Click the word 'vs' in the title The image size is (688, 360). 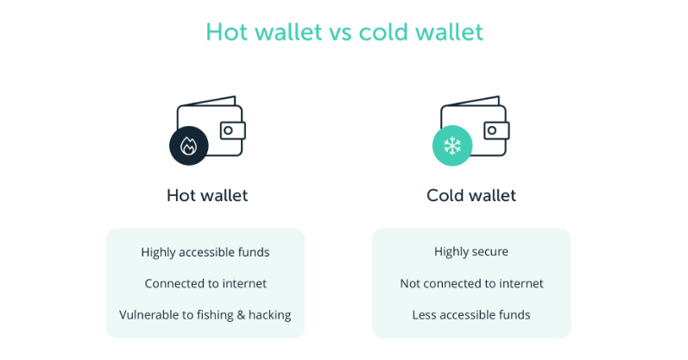coord(340,33)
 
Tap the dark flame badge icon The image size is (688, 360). coord(189,146)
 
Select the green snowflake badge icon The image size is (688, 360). coord(452,146)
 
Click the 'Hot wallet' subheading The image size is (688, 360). coord(207,195)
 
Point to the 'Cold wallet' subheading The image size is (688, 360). coord(471,195)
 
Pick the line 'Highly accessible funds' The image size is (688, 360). coord(205,252)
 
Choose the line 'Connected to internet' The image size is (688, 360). coord(205,284)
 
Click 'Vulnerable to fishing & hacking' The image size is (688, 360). coord(205,315)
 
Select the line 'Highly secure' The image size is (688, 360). coord(471,251)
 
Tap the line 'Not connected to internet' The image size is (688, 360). coord(471,284)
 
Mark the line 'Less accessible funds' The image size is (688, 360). coord(471,315)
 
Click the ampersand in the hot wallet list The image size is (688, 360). coord(241,315)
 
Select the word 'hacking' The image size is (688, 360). coord(270,315)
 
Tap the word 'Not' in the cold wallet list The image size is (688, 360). coord(409,284)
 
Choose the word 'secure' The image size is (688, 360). coord(489,252)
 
